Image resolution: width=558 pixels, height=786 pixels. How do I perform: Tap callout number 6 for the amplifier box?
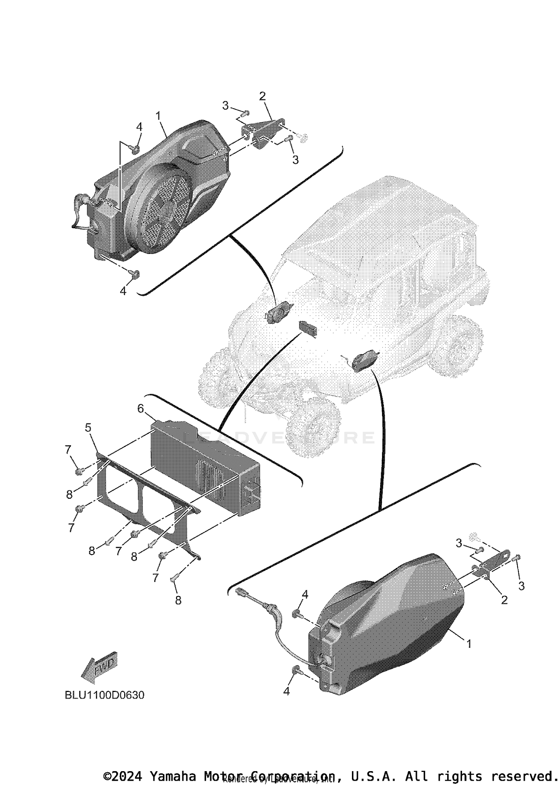click(141, 409)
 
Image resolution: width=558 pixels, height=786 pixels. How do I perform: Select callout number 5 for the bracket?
click(88, 428)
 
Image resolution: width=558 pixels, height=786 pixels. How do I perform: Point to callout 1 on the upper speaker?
click(158, 116)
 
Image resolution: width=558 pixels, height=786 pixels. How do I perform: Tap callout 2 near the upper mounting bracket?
click(263, 96)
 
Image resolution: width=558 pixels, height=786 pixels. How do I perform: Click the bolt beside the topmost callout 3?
click(246, 112)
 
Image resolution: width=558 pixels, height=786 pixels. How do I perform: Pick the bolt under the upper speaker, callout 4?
click(135, 274)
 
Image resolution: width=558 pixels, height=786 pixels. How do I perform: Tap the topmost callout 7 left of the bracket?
click(68, 450)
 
